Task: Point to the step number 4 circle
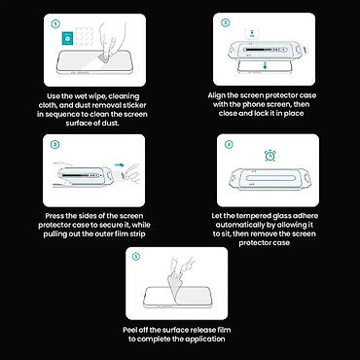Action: coord(229,144)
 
